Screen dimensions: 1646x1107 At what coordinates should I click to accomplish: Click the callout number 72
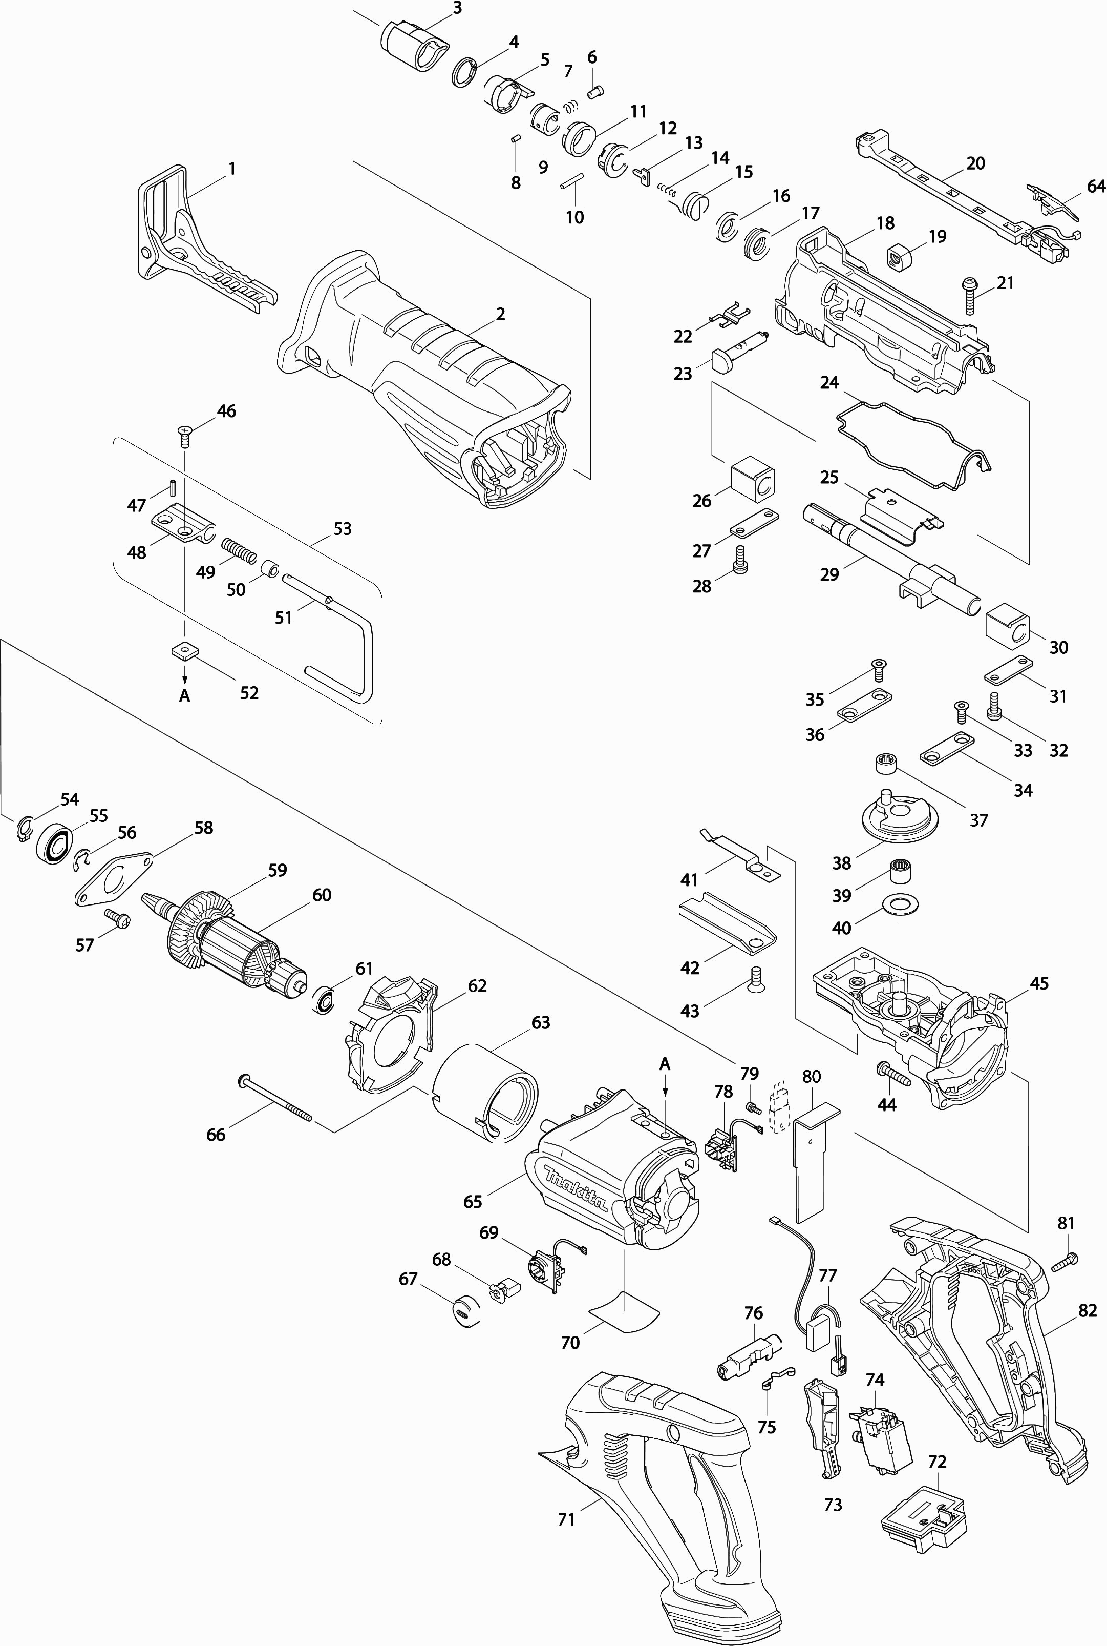tap(937, 1461)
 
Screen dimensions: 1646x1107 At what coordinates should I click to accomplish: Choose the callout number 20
tap(975, 163)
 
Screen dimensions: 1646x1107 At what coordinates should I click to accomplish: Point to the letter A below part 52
tap(185, 696)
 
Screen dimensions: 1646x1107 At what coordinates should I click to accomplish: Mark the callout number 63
tap(541, 1022)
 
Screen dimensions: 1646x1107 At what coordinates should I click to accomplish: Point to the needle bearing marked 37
tap(885, 766)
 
